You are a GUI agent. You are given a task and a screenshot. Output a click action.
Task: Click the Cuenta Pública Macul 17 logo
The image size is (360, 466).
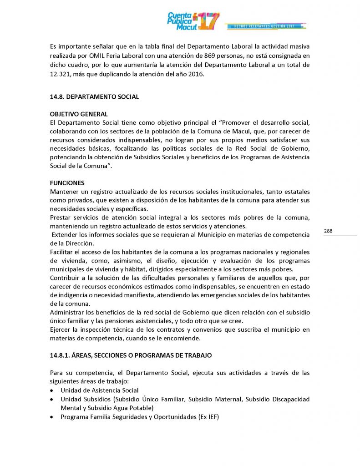point(193,21)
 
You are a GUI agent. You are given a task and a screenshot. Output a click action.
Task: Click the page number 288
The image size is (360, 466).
point(328,231)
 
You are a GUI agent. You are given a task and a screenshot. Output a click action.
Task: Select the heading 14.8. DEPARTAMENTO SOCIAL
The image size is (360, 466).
point(94,97)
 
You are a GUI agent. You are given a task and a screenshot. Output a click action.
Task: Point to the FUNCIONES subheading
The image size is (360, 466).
point(67,183)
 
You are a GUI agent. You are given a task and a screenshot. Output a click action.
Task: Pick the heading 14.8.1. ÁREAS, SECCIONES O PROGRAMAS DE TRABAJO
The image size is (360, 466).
point(131,355)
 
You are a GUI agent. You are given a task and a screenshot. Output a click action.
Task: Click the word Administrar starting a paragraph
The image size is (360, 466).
point(68,313)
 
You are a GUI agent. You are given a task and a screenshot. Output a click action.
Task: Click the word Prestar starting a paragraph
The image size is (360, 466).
point(61,218)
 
